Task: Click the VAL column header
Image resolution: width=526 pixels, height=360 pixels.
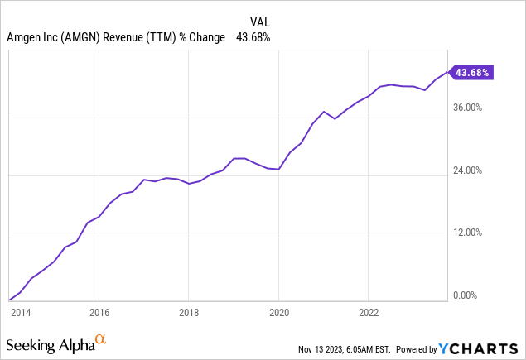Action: pyautogui.click(x=259, y=22)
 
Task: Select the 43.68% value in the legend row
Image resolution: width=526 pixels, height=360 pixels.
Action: pyautogui.click(x=253, y=37)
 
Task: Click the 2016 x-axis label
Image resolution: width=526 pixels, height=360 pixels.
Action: pyautogui.click(x=99, y=313)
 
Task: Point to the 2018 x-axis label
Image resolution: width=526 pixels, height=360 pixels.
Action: pyautogui.click(x=189, y=313)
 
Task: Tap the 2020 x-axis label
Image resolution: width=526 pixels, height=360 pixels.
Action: pyautogui.click(x=278, y=313)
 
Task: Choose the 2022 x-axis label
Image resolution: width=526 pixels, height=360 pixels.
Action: pyautogui.click(x=369, y=313)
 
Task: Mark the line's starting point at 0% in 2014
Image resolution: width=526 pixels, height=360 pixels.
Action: pyautogui.click(x=9, y=300)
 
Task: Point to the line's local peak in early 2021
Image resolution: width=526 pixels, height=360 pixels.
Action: pyautogui.click(x=323, y=111)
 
